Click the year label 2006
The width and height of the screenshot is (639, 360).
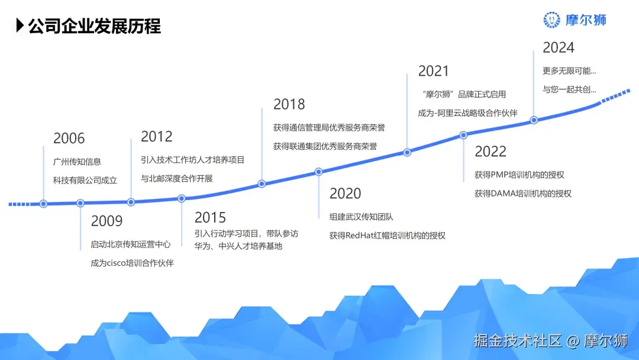point(69,139)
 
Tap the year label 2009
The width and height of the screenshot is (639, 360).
point(106,221)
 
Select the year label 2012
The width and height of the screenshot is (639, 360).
point(157,137)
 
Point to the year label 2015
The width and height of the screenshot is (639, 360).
point(210,218)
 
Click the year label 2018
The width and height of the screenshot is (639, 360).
point(289,104)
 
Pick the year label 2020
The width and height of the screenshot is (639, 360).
point(345,194)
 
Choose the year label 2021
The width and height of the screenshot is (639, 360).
point(434,71)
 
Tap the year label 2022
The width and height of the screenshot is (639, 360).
point(490,152)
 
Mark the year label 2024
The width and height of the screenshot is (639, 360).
point(559,47)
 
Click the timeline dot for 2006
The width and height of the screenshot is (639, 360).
point(43,204)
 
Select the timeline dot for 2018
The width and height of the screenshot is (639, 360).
point(262,184)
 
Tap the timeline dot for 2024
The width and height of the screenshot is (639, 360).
point(534,120)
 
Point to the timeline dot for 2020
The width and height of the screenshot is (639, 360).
point(318,172)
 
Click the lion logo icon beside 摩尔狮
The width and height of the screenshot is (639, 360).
point(552,20)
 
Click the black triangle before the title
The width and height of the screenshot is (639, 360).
point(20,26)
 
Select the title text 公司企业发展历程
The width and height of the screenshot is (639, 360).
point(95,26)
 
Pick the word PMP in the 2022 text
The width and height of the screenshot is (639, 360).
point(502,175)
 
